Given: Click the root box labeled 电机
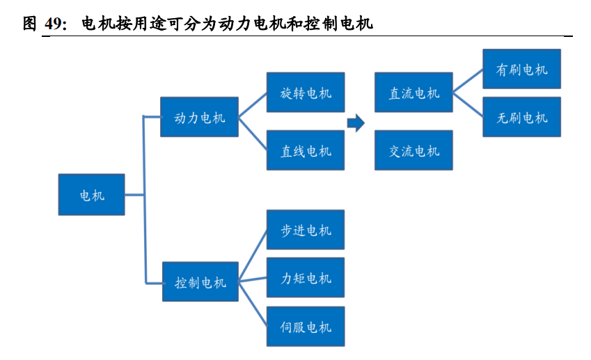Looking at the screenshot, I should [92, 195].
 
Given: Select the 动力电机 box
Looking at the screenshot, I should [200, 117].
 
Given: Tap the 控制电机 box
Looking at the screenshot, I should [200, 282].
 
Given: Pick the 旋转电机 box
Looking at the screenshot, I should [306, 92].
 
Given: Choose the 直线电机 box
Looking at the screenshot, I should [306, 150].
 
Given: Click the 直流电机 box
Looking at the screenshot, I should [413, 92].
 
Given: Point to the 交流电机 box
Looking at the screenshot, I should [413, 150].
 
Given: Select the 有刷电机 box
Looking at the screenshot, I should [521, 69].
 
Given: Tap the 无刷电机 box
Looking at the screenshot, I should [521, 117].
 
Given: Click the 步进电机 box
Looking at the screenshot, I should [306, 230].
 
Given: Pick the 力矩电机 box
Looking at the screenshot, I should [306, 278].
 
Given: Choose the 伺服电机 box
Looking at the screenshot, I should [306, 327].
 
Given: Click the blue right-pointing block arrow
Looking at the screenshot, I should [356, 124].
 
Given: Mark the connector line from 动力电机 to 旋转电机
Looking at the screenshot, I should [253, 104].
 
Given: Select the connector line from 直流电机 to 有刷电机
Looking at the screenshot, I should [468, 81].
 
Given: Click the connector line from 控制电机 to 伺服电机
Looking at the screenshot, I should [253, 304].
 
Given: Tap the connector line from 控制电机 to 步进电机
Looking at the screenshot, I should [253, 256].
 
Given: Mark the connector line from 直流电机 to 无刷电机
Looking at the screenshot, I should [468, 104].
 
